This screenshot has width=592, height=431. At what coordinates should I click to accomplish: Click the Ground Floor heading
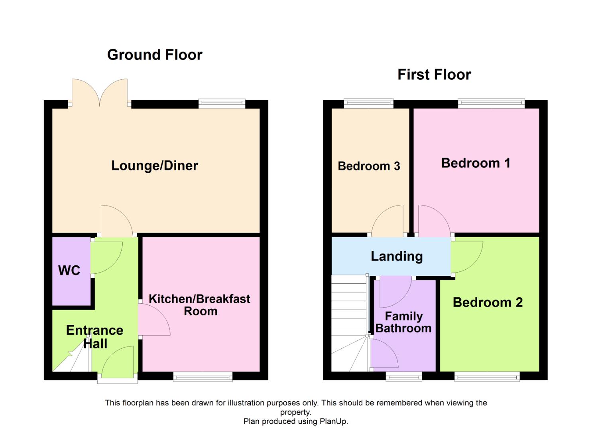click(155, 55)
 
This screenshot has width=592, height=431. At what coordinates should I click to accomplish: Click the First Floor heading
click(434, 75)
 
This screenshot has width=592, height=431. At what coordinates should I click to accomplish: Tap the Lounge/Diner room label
click(155, 166)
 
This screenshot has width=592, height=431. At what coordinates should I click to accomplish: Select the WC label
click(69, 271)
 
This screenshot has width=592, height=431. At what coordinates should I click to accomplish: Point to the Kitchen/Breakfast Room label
click(200, 305)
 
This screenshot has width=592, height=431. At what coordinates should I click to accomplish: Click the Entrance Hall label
click(94, 337)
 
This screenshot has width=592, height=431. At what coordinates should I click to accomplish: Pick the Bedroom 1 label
click(476, 163)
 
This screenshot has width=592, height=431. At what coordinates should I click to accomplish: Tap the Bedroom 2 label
click(488, 302)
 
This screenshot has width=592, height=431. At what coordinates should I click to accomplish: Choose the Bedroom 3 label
click(369, 166)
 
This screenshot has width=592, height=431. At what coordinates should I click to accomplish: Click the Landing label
click(397, 256)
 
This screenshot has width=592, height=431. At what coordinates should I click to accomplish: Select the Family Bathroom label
click(403, 322)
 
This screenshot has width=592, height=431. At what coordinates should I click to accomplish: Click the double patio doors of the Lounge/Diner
click(100, 93)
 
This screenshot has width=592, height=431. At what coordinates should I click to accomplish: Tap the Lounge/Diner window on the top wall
click(222, 103)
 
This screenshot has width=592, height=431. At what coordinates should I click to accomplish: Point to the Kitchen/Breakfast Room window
click(203, 376)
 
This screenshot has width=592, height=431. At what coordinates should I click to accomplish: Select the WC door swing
click(106, 258)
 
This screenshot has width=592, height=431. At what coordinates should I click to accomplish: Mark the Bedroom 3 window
click(369, 103)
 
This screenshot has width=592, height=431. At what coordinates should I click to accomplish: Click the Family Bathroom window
click(404, 376)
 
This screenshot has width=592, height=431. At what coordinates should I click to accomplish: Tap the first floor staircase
click(350, 323)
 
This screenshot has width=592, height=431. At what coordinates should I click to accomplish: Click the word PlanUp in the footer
click(334, 421)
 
